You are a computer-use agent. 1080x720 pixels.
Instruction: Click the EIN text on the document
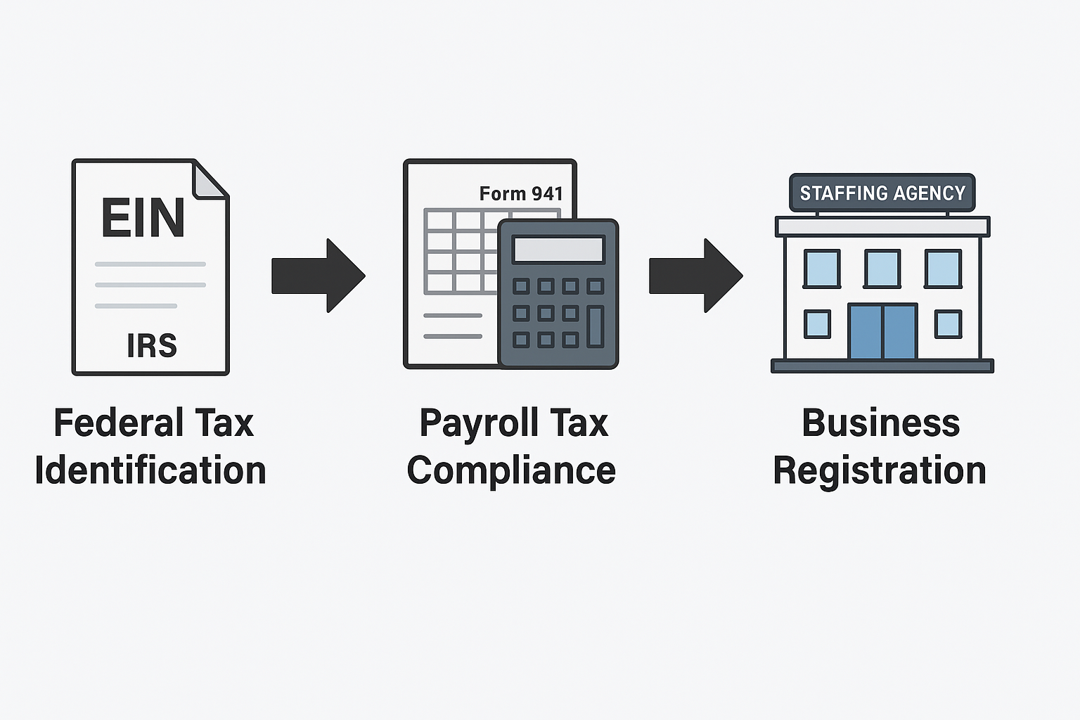point(143,217)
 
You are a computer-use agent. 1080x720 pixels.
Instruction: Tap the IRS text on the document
point(152,345)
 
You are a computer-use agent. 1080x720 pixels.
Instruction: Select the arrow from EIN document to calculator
point(319,275)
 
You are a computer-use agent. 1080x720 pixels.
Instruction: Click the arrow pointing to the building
point(695,275)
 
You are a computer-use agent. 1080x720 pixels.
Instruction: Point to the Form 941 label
point(521,193)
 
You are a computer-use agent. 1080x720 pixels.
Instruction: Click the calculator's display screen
point(558,250)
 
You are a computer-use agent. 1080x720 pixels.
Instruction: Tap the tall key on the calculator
point(596,326)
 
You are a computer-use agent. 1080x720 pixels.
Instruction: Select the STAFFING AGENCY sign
point(882,193)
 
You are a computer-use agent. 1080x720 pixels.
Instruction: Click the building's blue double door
point(882,331)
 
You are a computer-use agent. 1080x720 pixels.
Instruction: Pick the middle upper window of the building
point(882,269)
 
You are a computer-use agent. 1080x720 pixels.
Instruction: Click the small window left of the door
point(817,324)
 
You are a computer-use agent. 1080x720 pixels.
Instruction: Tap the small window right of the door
point(948,324)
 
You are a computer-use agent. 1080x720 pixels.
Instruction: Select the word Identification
point(150,470)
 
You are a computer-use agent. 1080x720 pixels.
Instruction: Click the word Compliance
point(511,470)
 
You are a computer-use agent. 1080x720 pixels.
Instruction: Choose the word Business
point(881,423)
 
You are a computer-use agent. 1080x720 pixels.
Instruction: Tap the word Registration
point(880,470)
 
